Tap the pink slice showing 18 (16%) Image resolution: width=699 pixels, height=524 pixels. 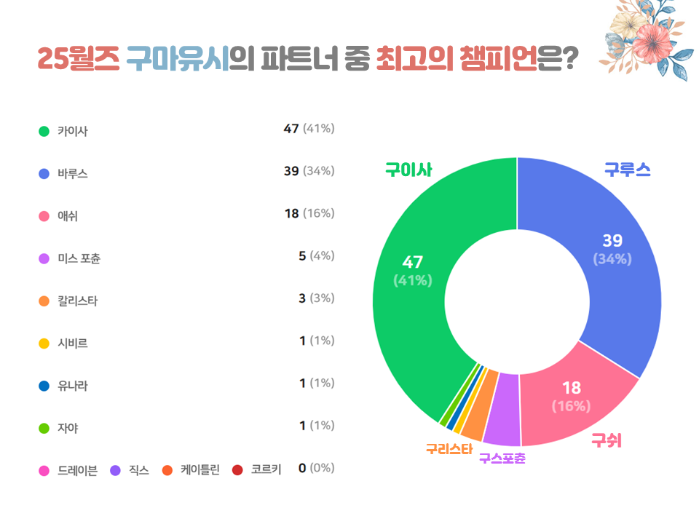tap(572, 397)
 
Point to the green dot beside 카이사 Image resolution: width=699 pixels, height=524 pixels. tap(44, 132)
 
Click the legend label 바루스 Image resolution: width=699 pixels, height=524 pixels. tap(73, 174)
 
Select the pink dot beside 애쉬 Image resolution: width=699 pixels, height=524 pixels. tap(44, 216)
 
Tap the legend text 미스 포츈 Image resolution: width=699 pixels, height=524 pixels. tap(79, 258)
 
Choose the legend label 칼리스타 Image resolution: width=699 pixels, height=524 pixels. tap(77, 301)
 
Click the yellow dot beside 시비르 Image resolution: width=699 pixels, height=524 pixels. tap(44, 343)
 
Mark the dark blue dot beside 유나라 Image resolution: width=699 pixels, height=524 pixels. tap(44, 385)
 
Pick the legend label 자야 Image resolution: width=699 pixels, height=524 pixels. tap(68, 428)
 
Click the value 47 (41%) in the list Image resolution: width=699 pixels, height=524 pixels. tap(309, 129)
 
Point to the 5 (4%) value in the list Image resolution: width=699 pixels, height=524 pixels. tap(316, 255)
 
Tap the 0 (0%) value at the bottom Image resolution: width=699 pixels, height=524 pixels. tap(316, 468)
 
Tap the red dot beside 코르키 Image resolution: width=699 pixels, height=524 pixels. tap(237, 470)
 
